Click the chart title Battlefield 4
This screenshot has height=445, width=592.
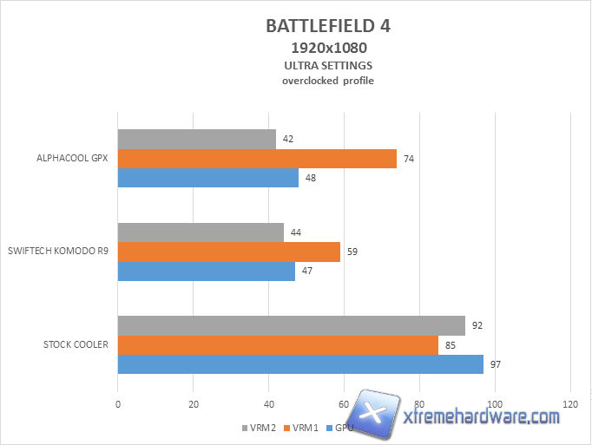pyautogui.click(x=327, y=25)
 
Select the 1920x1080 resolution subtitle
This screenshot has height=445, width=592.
pyautogui.click(x=327, y=48)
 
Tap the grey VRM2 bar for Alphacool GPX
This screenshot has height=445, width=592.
pyautogui.click(x=196, y=139)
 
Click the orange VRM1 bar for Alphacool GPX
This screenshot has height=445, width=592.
pyautogui.click(x=257, y=158)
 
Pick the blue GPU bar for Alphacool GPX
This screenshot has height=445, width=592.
pyautogui.click(x=207, y=177)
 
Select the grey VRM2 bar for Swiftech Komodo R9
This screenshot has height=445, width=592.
pyautogui.click(x=201, y=232)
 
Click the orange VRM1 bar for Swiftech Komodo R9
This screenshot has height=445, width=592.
pyautogui.click(x=228, y=252)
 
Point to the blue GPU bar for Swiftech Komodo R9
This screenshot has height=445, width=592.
pyautogui.click(x=206, y=271)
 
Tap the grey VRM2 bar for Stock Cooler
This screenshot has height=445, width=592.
pyautogui.click(x=291, y=326)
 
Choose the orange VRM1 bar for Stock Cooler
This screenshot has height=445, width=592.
pyautogui.click(x=278, y=345)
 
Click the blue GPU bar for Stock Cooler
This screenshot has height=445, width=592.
pyautogui.click(x=300, y=364)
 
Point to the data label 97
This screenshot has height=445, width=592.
pyautogui.click(x=496, y=364)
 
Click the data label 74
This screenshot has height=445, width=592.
pyautogui.click(x=409, y=158)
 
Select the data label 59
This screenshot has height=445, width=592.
pyautogui.click(x=352, y=252)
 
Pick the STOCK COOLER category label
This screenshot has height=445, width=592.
pyautogui.click(x=76, y=345)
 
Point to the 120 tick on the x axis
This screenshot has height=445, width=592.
pyautogui.click(x=569, y=404)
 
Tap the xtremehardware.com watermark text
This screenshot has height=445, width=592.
pyautogui.click(x=482, y=417)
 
